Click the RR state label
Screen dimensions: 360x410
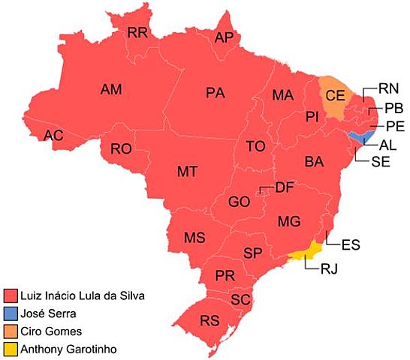click(x=137, y=32)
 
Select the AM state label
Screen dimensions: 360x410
click(x=111, y=89)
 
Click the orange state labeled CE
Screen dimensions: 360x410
click(x=335, y=94)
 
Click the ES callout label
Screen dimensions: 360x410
click(x=350, y=244)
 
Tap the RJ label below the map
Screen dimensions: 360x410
click(x=330, y=268)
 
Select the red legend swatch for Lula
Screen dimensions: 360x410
click(x=11, y=295)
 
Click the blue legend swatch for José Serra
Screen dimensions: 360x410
click(x=11, y=313)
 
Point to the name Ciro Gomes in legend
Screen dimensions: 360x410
click(x=51, y=331)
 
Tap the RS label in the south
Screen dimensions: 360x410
click(x=210, y=320)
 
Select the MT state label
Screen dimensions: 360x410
click(x=187, y=171)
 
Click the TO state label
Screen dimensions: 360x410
click(x=255, y=146)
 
